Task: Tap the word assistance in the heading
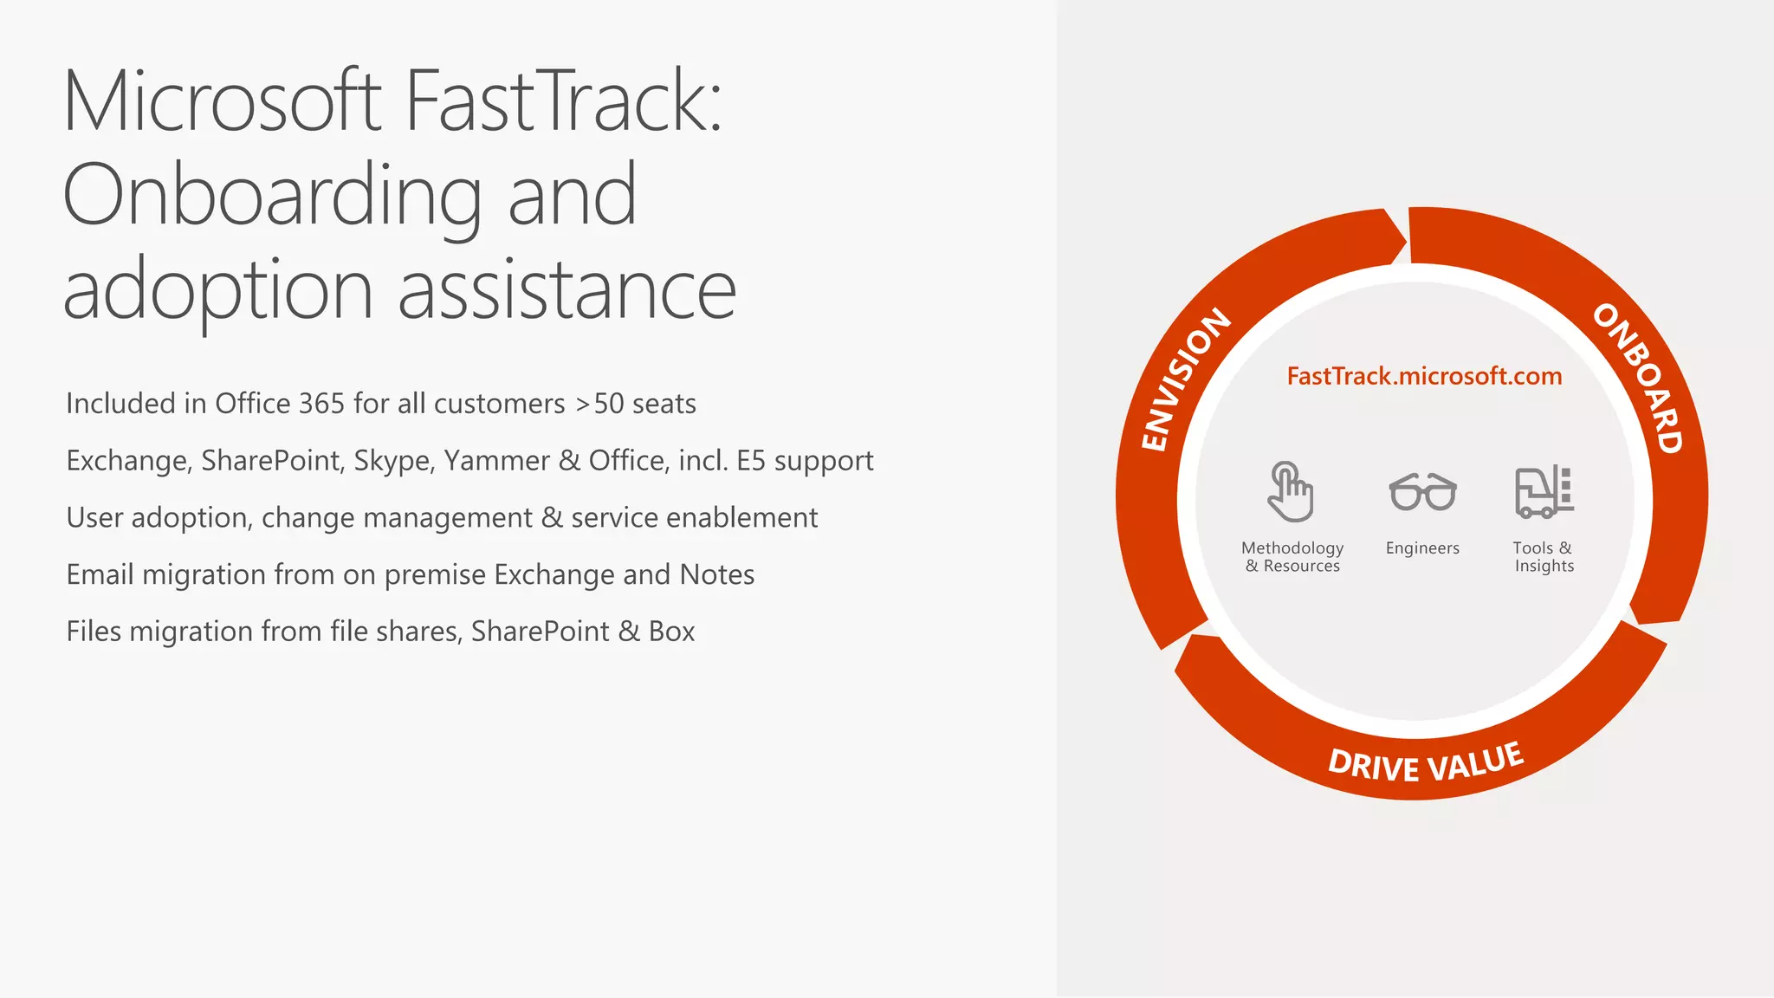[x=567, y=291]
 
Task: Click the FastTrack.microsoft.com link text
[x=1424, y=376]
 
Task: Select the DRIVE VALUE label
[x=1426, y=762]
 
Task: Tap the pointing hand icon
[x=1290, y=491]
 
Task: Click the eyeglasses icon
[x=1422, y=492]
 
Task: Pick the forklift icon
[x=1544, y=491]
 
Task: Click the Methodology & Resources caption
[x=1292, y=557]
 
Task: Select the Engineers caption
[x=1422, y=548]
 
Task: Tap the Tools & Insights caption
[x=1543, y=557]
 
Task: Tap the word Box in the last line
[x=671, y=632]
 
